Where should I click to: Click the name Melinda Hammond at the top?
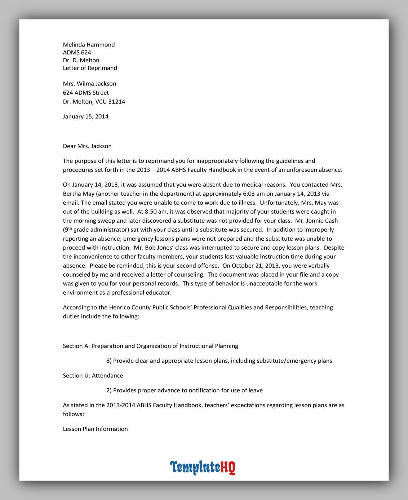click(x=89, y=45)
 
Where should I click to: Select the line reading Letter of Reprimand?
click(x=90, y=68)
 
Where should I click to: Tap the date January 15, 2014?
click(x=85, y=116)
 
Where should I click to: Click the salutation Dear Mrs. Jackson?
click(x=87, y=146)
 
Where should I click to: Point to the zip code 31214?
click(x=116, y=102)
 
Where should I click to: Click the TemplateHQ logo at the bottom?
click(x=203, y=467)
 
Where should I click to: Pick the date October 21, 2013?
click(x=255, y=266)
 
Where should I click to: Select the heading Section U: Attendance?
click(x=93, y=375)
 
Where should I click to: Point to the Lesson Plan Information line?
click(x=95, y=429)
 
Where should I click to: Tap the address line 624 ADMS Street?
click(x=86, y=93)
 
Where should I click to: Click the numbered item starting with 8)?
click(x=219, y=361)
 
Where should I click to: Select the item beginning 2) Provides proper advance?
click(x=184, y=390)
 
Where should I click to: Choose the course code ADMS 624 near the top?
click(x=77, y=53)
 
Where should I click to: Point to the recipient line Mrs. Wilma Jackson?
click(x=89, y=84)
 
